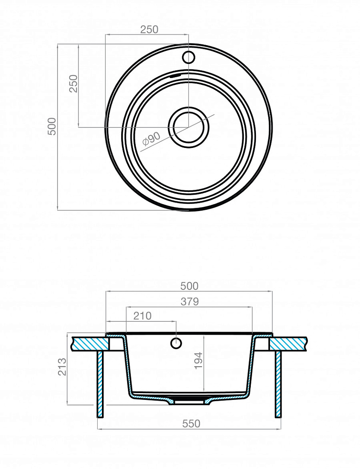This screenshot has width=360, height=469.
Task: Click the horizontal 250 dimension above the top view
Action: click(149, 29)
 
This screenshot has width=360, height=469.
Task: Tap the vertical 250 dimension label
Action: click(74, 84)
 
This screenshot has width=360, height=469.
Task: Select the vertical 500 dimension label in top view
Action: click(52, 126)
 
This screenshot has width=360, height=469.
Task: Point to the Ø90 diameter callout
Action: click(152, 139)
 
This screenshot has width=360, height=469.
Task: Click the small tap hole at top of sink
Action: click(189, 57)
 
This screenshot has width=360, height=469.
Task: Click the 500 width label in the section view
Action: click(189, 286)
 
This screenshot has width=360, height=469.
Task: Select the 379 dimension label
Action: click(190, 301)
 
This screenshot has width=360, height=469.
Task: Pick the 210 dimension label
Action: click(142, 316)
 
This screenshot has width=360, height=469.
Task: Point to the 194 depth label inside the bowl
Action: click(198, 361)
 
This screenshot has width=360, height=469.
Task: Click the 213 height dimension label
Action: click(62, 367)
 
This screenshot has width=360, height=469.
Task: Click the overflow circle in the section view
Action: click(176, 343)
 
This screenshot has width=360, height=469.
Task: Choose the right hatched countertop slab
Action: click(288, 343)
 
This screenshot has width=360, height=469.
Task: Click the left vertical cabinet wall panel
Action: click(100, 384)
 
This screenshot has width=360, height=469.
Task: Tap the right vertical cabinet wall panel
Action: click(278, 384)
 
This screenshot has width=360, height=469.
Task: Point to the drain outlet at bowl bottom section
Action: click(189, 402)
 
